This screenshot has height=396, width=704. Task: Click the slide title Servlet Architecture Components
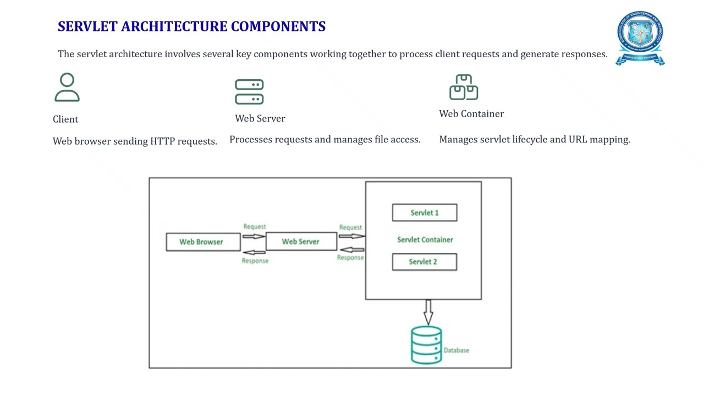pyautogui.click(x=191, y=26)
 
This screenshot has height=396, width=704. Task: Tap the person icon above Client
pyautogui.click(x=67, y=88)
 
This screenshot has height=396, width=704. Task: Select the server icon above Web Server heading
pyautogui.click(x=249, y=92)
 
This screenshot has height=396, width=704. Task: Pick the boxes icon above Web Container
pyautogui.click(x=464, y=87)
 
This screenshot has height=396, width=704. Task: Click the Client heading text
pyautogui.click(x=65, y=119)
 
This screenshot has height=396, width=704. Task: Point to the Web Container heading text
pyautogui.click(x=471, y=114)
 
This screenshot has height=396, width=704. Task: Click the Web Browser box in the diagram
pyautogui.click(x=202, y=242)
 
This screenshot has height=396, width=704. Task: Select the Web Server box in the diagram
pyautogui.click(x=301, y=241)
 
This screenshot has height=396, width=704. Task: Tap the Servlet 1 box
pyautogui.click(x=424, y=213)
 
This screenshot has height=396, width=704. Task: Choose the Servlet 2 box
pyautogui.click(x=424, y=262)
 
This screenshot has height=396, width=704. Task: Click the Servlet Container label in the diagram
pyautogui.click(x=425, y=240)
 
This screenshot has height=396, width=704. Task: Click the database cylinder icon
pyautogui.click(x=426, y=345)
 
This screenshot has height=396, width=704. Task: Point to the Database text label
pyautogui.click(x=457, y=350)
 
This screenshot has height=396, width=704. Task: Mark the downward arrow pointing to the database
pyautogui.click(x=428, y=312)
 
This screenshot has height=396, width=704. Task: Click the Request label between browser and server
pyautogui.click(x=254, y=227)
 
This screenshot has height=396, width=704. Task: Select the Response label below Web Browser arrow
pyautogui.click(x=255, y=261)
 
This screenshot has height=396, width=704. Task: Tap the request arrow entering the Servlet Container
pyautogui.click(x=351, y=236)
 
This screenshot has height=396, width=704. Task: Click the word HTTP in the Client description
pyautogui.click(x=163, y=141)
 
